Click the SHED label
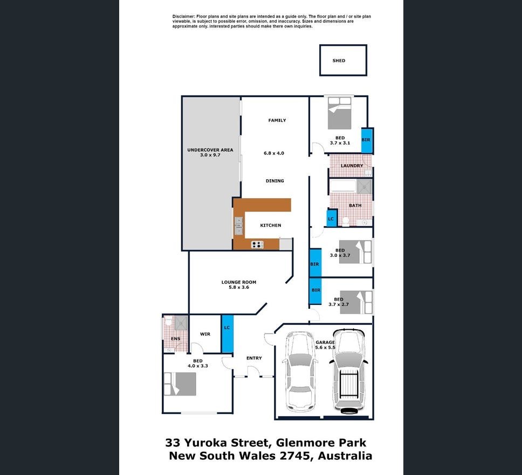[x=339, y=61]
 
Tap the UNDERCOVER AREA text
[x=210, y=150]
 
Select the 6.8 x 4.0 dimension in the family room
[x=274, y=153]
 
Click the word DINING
[x=274, y=181]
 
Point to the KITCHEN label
[x=270, y=226]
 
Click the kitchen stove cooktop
[x=257, y=245]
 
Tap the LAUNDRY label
[x=352, y=166]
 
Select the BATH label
[x=355, y=206]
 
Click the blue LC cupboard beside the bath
[x=331, y=219]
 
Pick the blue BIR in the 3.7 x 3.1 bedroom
[x=366, y=140]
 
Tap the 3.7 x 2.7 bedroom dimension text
[x=339, y=304]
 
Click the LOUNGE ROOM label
[x=238, y=282]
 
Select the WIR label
[x=205, y=334]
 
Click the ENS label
[x=176, y=339]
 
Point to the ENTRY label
[x=254, y=358]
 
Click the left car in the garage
[x=300, y=371]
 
